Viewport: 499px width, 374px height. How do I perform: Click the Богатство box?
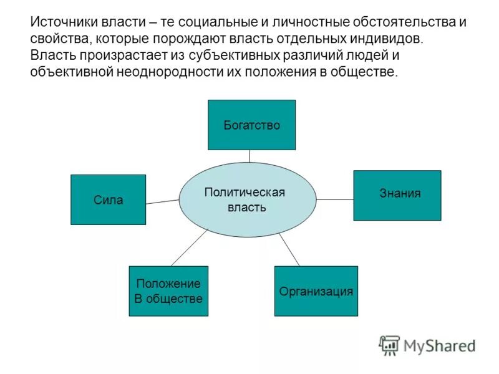(251, 125)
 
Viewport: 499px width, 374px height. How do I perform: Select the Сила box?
(108, 199)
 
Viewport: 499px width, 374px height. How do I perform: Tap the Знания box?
(397, 195)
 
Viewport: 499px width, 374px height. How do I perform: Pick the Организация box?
(316, 291)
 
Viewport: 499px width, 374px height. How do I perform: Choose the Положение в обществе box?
(168, 291)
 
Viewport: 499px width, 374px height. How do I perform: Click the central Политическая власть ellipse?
(247, 199)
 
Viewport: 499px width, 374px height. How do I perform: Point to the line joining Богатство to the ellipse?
(249, 156)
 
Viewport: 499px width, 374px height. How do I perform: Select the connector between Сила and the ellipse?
(162, 201)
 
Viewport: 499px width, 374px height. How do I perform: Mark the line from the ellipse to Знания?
(334, 199)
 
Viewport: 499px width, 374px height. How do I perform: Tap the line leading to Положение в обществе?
(188, 248)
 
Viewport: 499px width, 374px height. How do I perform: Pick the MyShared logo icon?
(389, 345)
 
